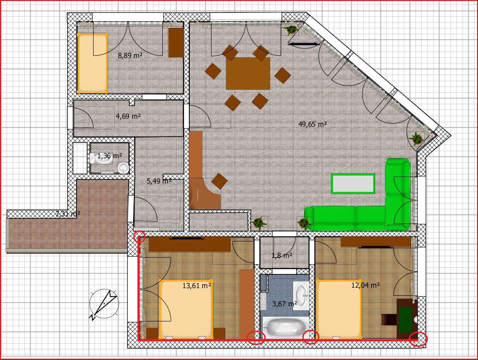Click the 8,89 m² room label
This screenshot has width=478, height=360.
130,55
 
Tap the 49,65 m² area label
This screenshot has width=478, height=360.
313,124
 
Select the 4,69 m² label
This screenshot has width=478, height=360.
128,116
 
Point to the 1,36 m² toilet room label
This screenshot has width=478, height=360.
110,156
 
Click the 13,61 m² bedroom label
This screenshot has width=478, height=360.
197,286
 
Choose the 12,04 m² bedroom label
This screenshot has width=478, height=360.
365,285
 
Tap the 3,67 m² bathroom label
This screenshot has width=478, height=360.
284,304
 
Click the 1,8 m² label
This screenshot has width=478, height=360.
282,255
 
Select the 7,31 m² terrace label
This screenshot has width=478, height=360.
68,214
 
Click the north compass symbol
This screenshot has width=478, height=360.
104,304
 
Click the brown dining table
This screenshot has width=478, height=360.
248,74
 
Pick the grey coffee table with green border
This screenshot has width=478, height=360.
353,184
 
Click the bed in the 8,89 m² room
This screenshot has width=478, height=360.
92,63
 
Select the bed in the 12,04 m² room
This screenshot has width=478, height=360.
339,309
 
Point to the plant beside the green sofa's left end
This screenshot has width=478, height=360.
305,223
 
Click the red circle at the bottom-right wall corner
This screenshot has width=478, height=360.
418,339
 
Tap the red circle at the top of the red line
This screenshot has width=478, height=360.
140,237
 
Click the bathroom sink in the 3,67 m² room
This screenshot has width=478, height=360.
301,296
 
